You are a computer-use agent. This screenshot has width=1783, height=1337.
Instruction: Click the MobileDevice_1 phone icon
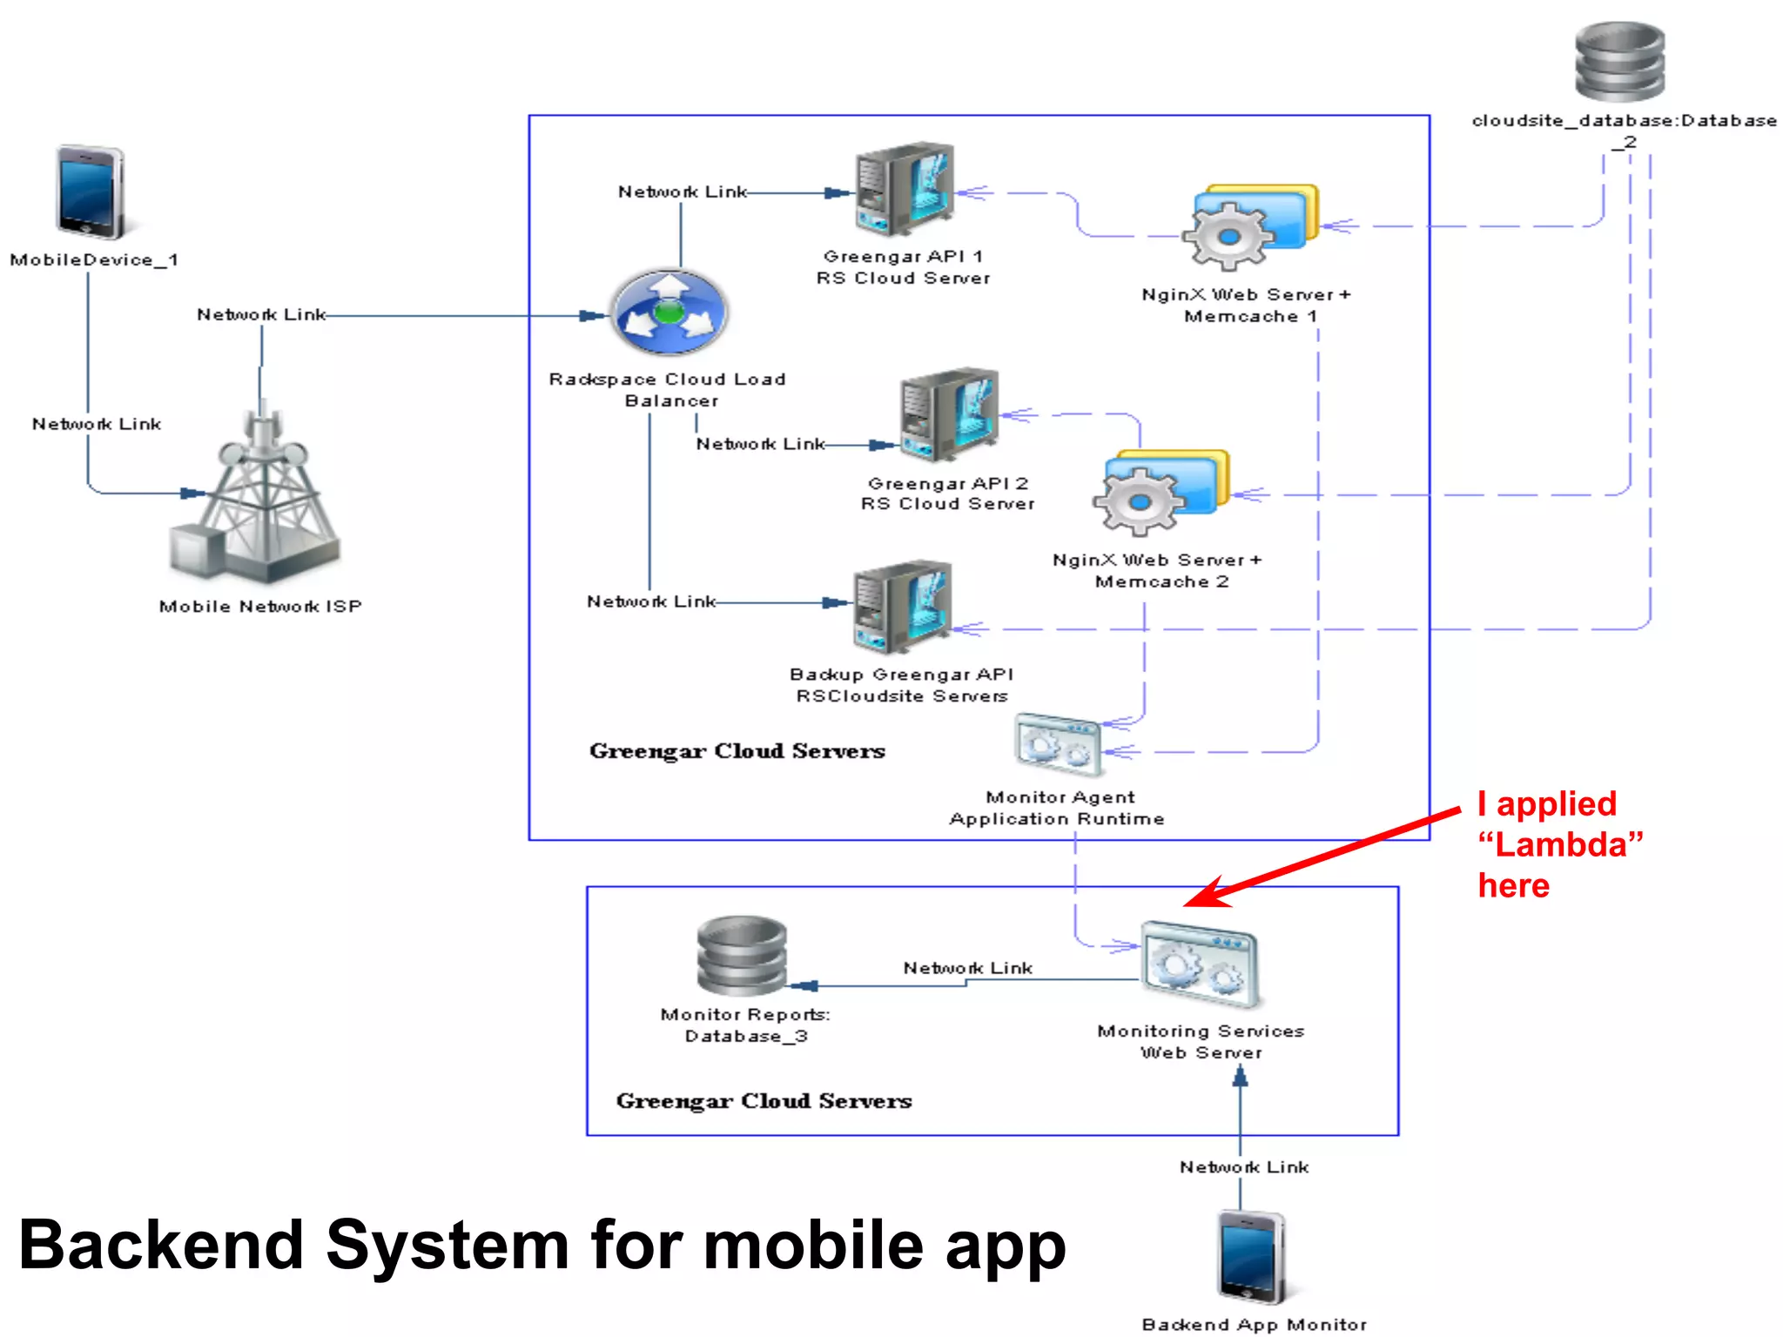pos(90,192)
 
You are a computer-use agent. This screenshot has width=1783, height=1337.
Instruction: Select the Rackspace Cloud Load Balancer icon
pos(669,312)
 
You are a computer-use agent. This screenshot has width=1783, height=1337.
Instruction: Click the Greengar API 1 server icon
pos(903,191)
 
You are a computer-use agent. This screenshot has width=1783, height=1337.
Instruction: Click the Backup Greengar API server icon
pos(901,607)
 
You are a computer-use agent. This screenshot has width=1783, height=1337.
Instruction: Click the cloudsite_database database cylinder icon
pos(1620,62)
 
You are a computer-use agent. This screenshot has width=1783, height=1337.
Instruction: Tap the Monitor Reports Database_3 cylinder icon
pos(742,957)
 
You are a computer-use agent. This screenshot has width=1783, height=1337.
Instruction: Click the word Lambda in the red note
pos(1560,844)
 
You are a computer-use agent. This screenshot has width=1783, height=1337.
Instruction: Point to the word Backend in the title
pos(161,1245)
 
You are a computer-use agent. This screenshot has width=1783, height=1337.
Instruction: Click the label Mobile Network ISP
pos(260,607)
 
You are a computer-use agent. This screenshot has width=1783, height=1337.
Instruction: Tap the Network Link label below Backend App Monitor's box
pos(1244,1167)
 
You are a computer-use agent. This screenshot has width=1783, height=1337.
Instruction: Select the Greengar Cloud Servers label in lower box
pos(764,1101)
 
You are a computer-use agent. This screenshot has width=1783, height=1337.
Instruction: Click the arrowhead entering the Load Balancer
pos(594,316)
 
